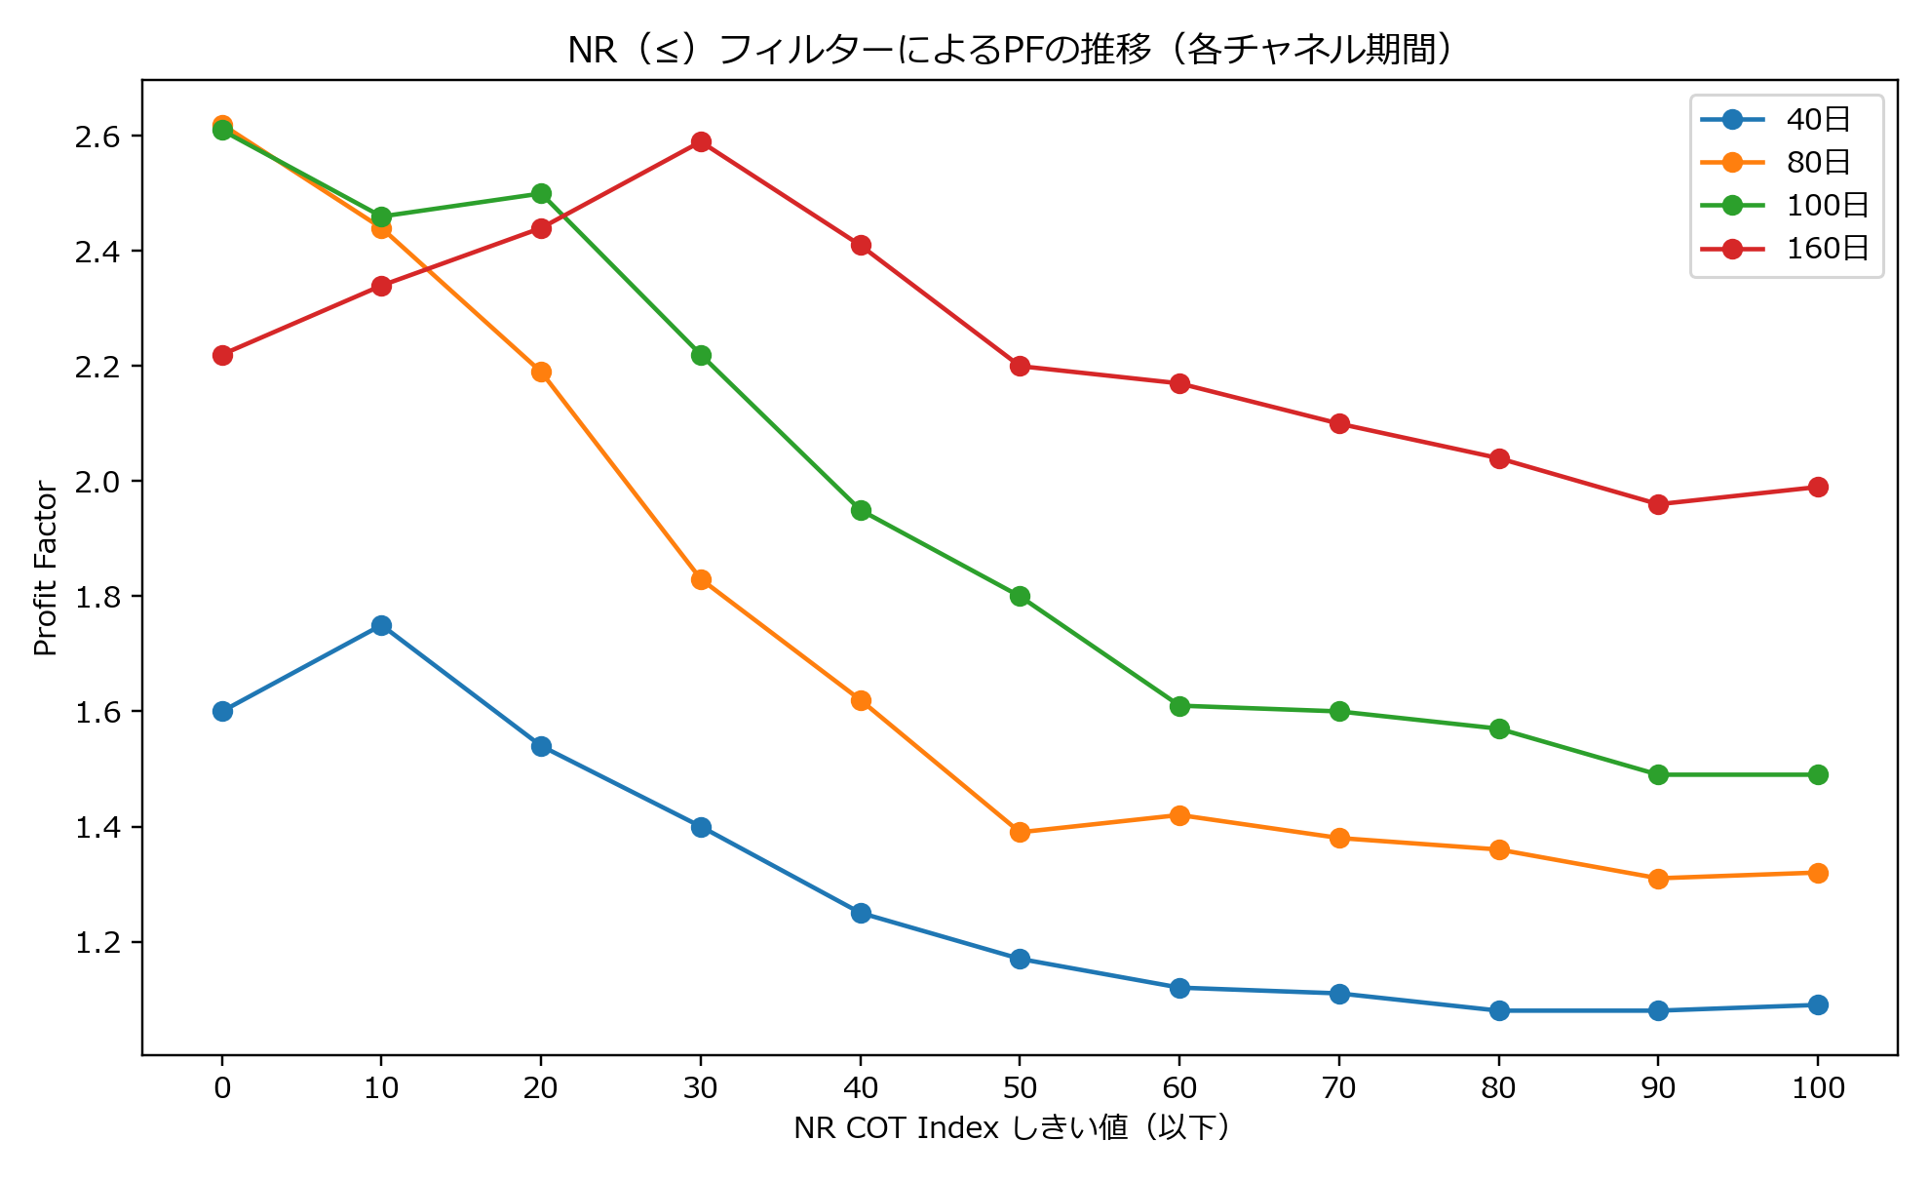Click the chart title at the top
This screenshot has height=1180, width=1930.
pos(1014,49)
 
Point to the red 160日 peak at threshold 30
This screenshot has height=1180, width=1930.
pos(701,142)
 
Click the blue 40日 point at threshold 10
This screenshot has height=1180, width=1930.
pos(381,625)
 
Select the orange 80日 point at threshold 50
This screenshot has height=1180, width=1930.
pos(1020,832)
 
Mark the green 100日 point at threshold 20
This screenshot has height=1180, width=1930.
pos(541,193)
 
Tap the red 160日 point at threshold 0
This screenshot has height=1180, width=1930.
pos(222,355)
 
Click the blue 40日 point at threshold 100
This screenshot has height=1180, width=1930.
pos(1818,1004)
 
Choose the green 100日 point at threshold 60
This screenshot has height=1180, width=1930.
pos(1179,706)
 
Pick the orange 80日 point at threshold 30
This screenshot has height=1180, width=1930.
pos(701,579)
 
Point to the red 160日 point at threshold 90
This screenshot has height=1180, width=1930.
pos(1658,504)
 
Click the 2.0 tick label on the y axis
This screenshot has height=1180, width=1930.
pos(97,482)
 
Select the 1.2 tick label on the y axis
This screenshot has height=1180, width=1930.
pos(97,943)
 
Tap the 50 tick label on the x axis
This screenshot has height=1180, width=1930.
pos(1020,1088)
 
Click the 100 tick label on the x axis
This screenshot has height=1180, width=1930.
pos(1818,1088)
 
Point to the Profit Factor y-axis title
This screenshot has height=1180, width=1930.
pos(46,568)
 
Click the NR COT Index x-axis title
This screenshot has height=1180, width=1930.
pos(1014,1128)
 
